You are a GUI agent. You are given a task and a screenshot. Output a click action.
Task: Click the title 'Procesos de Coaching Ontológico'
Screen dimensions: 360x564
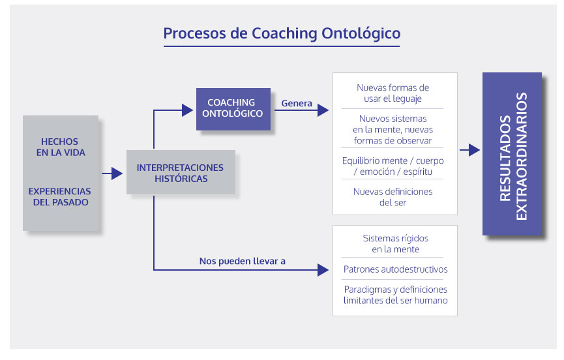coord(282,33)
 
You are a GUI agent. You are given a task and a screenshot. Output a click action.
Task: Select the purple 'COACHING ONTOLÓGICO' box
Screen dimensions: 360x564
coord(233,108)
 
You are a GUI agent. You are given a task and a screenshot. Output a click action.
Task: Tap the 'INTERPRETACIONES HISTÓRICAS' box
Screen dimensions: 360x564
coord(180,173)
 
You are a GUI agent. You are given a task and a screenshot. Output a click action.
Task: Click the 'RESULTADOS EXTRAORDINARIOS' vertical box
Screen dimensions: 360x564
coord(512,154)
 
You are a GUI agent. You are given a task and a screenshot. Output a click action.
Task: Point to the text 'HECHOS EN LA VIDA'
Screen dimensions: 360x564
coord(59,147)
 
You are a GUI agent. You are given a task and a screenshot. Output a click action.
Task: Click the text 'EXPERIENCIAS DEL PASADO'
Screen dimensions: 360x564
coord(59,196)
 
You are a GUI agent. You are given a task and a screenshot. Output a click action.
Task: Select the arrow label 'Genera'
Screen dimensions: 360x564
coord(297,103)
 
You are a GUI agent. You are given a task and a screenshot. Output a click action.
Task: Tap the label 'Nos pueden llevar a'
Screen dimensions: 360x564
coord(243,262)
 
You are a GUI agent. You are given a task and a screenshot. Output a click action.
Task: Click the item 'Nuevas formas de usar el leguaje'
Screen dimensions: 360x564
coord(393,93)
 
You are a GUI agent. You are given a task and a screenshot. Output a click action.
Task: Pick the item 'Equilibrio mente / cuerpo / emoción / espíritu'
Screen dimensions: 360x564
coord(393,166)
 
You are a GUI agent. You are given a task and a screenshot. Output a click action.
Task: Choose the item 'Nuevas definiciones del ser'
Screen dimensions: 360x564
coord(393,197)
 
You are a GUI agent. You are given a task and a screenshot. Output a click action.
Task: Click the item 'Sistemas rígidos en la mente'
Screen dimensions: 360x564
coord(395,243)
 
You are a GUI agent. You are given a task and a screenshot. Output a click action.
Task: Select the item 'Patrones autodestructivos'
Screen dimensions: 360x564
coord(395,269)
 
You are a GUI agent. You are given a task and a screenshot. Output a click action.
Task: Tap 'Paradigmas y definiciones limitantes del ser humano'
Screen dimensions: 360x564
coord(395,295)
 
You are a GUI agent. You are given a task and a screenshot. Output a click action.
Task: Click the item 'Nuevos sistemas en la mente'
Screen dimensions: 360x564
coord(393,129)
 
